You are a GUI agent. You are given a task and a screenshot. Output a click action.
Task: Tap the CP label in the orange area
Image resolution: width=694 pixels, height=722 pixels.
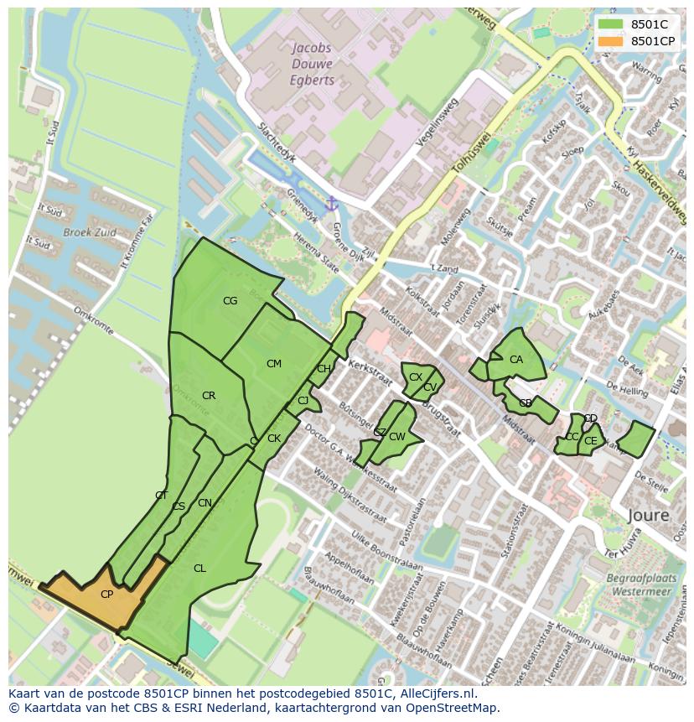click(x=106, y=595)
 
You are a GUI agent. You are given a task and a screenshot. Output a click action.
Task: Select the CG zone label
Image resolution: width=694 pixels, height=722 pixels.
click(x=230, y=301)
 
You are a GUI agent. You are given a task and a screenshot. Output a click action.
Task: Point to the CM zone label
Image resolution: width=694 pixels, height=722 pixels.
click(x=274, y=364)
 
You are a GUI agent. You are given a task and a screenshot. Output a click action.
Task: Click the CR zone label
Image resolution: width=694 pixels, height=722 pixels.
click(x=209, y=396)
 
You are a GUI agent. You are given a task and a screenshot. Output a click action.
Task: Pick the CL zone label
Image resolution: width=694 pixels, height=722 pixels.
click(x=199, y=569)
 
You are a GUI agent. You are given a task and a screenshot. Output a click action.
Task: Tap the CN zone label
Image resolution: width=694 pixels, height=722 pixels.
click(x=205, y=503)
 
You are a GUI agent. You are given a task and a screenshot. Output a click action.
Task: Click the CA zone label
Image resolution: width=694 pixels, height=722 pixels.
click(x=516, y=360)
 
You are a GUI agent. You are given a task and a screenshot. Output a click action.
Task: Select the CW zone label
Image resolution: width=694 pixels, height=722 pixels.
click(x=397, y=437)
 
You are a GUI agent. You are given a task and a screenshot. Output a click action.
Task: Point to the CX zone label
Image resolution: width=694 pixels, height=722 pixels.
click(x=415, y=377)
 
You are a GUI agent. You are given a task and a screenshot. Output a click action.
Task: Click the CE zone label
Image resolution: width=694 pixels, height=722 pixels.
click(x=591, y=441)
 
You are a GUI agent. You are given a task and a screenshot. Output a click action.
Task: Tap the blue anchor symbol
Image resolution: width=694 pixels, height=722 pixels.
click(x=331, y=204)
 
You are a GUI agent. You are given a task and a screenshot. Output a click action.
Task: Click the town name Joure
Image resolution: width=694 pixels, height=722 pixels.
click(x=648, y=515)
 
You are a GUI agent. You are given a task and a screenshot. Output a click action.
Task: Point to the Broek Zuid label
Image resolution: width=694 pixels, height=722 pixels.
click(x=91, y=232)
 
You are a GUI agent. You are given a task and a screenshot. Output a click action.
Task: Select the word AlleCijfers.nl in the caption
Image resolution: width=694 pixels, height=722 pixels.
click(x=437, y=693)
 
